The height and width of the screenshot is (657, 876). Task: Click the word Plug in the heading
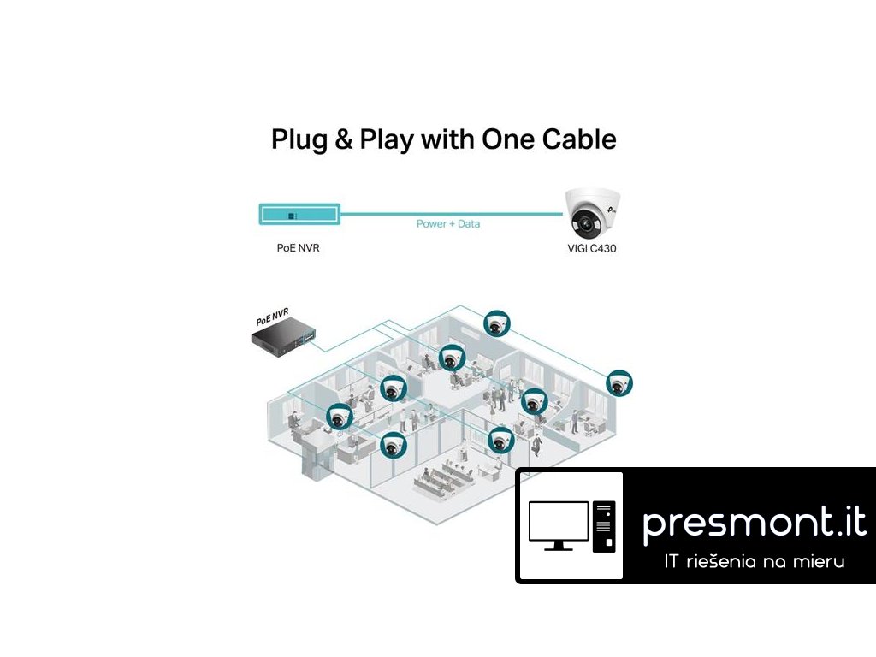(297, 140)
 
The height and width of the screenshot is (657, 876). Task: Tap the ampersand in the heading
(343, 139)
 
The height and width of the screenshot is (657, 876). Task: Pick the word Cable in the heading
(582, 139)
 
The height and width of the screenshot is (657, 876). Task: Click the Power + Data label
(447, 223)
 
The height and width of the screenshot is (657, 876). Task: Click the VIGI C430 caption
(591, 249)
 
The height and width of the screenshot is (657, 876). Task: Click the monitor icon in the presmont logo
(559, 524)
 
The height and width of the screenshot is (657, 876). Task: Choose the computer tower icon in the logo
(604, 526)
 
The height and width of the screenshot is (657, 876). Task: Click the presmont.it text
(754, 522)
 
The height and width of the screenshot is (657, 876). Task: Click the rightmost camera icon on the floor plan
(619, 384)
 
